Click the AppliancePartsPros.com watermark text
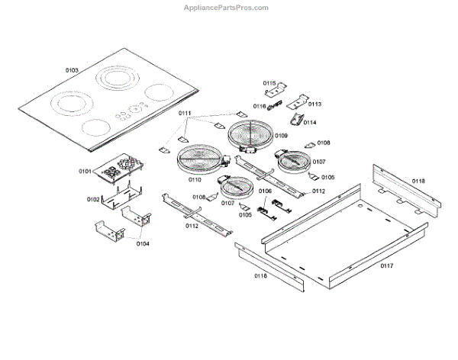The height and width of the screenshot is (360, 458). [x=227, y=7]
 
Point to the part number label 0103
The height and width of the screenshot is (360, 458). [x=72, y=70]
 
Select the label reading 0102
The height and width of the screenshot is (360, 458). [x=93, y=199]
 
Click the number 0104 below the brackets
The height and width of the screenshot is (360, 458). [x=142, y=243]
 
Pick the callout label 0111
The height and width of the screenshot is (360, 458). [x=185, y=114]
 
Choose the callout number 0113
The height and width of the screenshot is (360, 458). [x=314, y=104]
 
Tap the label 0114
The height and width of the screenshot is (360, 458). [x=310, y=122]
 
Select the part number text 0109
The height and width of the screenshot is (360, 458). [x=282, y=135]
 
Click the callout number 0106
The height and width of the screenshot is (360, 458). [x=265, y=191]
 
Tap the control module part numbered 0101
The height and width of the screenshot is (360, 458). [x=119, y=173]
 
